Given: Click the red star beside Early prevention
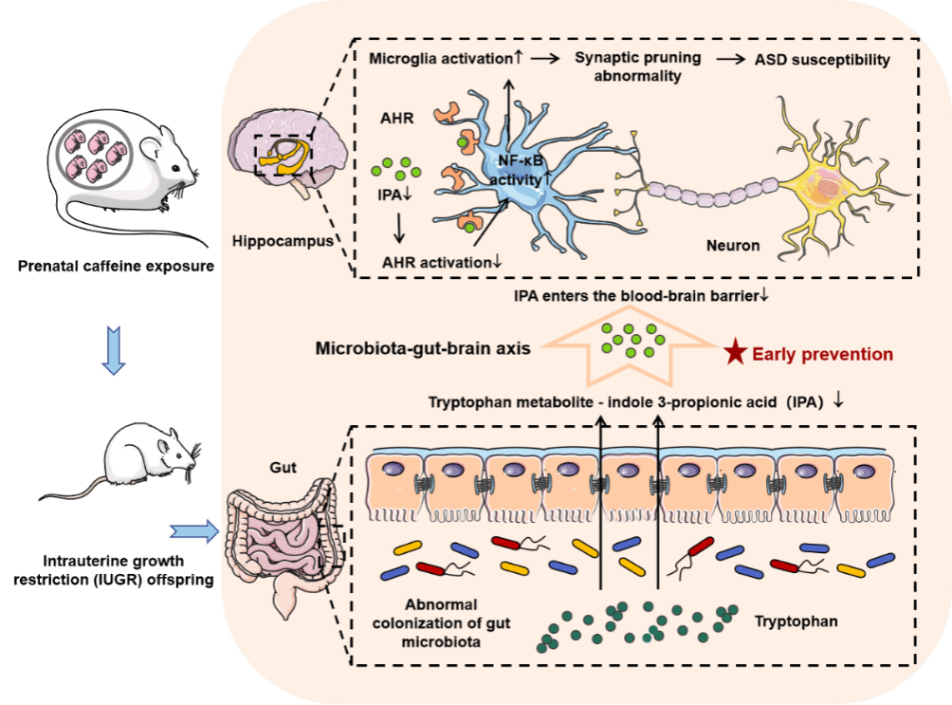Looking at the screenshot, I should coord(734,353).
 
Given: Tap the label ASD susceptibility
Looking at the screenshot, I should coord(822,61).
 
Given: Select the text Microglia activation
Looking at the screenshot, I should coord(439,60).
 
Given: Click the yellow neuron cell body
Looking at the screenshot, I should coord(820,181).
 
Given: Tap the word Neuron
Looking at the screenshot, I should coord(733,245).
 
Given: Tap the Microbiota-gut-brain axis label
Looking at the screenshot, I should coord(422,347).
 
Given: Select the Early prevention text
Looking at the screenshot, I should coord(822,354).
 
